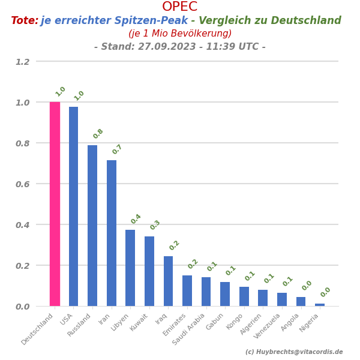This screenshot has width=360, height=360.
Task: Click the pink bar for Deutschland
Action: pos(55,204)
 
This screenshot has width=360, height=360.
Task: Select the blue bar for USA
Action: pos(73,206)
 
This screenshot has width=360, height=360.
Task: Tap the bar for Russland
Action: pos(92,226)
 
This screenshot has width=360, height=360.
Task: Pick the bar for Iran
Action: pos(112,233)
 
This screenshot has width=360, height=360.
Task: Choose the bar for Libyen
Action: pos(130,268)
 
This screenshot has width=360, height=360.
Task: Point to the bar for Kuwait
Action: pos(149,271)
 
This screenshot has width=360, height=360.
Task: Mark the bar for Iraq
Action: pos(168,281)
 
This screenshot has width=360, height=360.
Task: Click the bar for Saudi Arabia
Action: pos(206,292)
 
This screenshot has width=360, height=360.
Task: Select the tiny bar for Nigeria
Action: pos(320,305)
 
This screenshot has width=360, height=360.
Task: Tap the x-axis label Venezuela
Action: pos(266,325)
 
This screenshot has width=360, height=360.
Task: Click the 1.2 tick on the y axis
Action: pos(22,62)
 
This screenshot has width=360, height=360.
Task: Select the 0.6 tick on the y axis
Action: pos(22,184)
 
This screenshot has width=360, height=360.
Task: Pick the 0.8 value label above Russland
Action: pos(98,134)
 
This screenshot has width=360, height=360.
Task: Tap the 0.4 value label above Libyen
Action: pos(136,219)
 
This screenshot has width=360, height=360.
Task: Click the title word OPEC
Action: pos(179,7)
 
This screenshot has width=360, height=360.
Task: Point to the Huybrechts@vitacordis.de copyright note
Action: pos(294,352)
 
